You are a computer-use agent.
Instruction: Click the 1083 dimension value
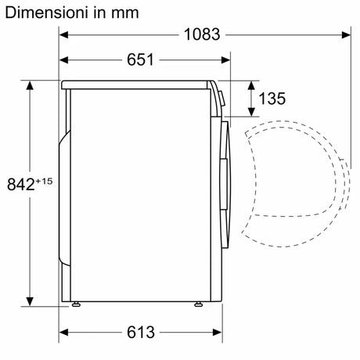point(202,34)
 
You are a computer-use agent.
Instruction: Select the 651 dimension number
point(140,59)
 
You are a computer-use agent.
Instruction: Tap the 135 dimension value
point(272,99)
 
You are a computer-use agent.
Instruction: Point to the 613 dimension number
point(141,332)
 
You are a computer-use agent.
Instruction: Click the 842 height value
point(20,184)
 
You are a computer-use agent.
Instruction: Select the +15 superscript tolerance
point(44,181)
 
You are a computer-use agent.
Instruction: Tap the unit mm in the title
point(125,13)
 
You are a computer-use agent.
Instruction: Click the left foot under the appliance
point(76,304)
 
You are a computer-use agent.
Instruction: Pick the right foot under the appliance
point(198,304)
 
